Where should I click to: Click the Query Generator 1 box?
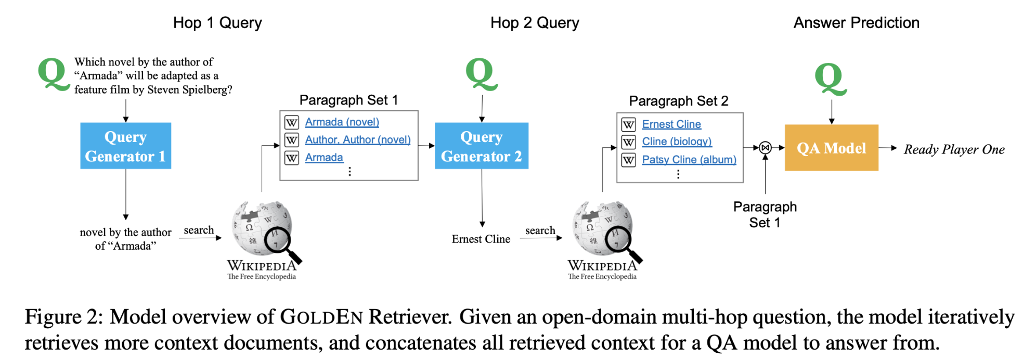pos(125,146)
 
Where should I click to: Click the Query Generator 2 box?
pos(481,146)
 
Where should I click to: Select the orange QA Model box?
pos(831,148)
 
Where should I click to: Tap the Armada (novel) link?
pos(342,122)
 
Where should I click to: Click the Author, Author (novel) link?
pos(357,139)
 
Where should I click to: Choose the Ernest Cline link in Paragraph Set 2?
pos(671,124)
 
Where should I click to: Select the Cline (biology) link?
pos(676,142)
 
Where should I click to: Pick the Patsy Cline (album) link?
pos(689,159)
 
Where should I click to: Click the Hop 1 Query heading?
pos(217,23)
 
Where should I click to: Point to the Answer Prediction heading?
pos(856,23)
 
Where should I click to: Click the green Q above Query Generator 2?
pos(481,74)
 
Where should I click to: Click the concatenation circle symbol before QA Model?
pos(765,148)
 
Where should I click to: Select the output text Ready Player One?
pos(954,149)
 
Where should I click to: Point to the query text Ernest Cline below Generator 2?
pos(481,239)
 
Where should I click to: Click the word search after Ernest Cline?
pos(540,230)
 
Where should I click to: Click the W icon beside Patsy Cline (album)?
pos(628,160)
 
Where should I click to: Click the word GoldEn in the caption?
pos(321,317)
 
